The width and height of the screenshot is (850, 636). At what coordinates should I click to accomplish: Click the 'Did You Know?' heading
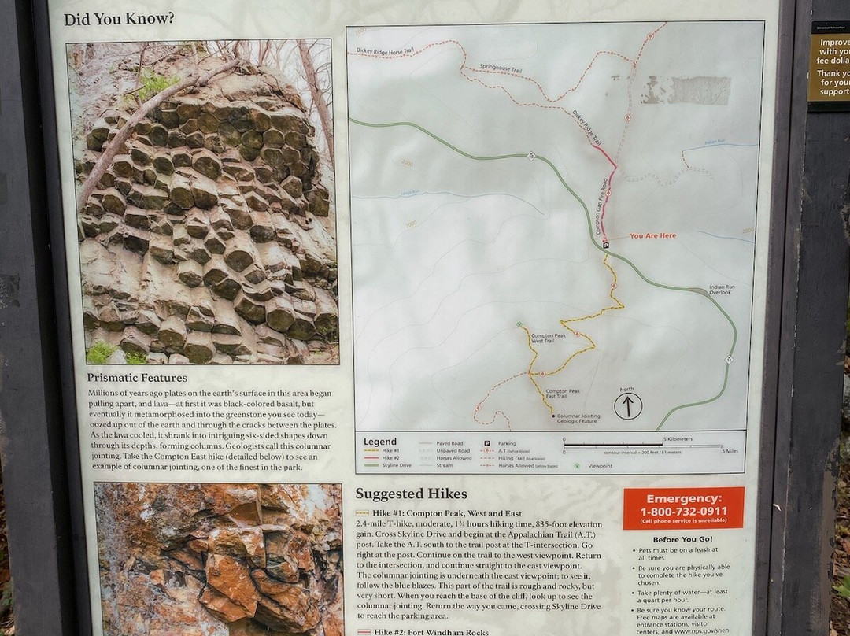(x=119, y=19)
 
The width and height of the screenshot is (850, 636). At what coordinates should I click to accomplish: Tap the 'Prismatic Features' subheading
(x=137, y=377)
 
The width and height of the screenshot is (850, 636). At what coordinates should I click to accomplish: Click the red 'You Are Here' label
(x=652, y=235)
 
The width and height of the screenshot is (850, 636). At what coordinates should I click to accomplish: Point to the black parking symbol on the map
(x=605, y=245)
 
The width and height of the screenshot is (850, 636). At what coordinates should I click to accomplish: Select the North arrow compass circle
(x=627, y=406)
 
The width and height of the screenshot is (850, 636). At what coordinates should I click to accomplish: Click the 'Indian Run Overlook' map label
(x=721, y=290)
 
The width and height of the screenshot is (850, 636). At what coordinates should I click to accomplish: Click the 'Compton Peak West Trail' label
(x=549, y=338)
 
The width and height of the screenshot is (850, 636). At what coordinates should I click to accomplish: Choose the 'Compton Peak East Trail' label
(x=563, y=394)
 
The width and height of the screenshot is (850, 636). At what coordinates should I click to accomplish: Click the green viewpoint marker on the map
(x=519, y=324)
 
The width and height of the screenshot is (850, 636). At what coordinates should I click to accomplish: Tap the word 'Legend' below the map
(x=380, y=442)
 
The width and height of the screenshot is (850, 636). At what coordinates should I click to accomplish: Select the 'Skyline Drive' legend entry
(x=397, y=465)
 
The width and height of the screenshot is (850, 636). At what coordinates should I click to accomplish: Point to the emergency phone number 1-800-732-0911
(x=683, y=511)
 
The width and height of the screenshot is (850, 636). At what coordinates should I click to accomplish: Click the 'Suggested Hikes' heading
(x=411, y=494)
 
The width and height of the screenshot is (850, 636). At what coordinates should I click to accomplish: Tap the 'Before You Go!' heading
(x=683, y=538)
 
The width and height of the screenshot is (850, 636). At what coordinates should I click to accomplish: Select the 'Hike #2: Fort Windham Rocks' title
(x=431, y=632)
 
